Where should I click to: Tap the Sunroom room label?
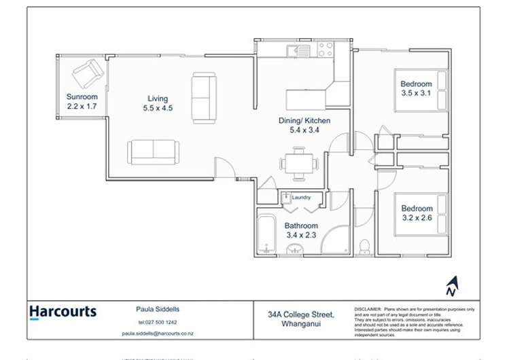[x=82, y=96]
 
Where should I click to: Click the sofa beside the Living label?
[x=204, y=98]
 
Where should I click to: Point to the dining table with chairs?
[x=299, y=164]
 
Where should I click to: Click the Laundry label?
[x=301, y=198]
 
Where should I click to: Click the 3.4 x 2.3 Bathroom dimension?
[x=301, y=236]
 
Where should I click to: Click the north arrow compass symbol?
[x=451, y=287]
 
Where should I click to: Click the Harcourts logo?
[x=63, y=313]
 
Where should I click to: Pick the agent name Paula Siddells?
[x=158, y=309]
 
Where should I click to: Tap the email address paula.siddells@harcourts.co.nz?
[x=158, y=334]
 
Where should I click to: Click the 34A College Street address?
[x=300, y=314]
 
